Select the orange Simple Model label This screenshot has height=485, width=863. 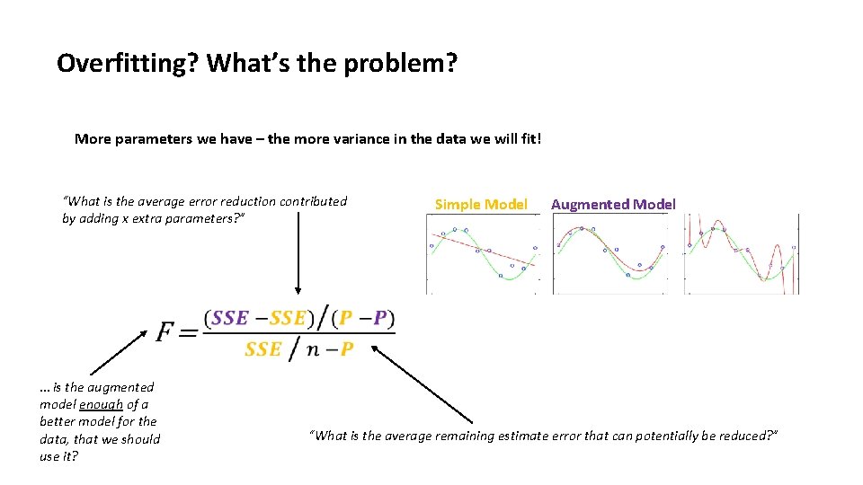coord(481,205)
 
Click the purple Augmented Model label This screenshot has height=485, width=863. coord(613,205)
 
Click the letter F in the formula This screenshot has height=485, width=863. coord(166,332)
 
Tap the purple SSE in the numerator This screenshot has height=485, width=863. coord(230,319)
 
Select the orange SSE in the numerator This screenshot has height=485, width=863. coord(288,319)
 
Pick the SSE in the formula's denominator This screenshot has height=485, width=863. coord(262,349)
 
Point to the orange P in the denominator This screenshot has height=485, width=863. coord(346,349)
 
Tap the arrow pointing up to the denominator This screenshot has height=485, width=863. coord(423,385)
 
